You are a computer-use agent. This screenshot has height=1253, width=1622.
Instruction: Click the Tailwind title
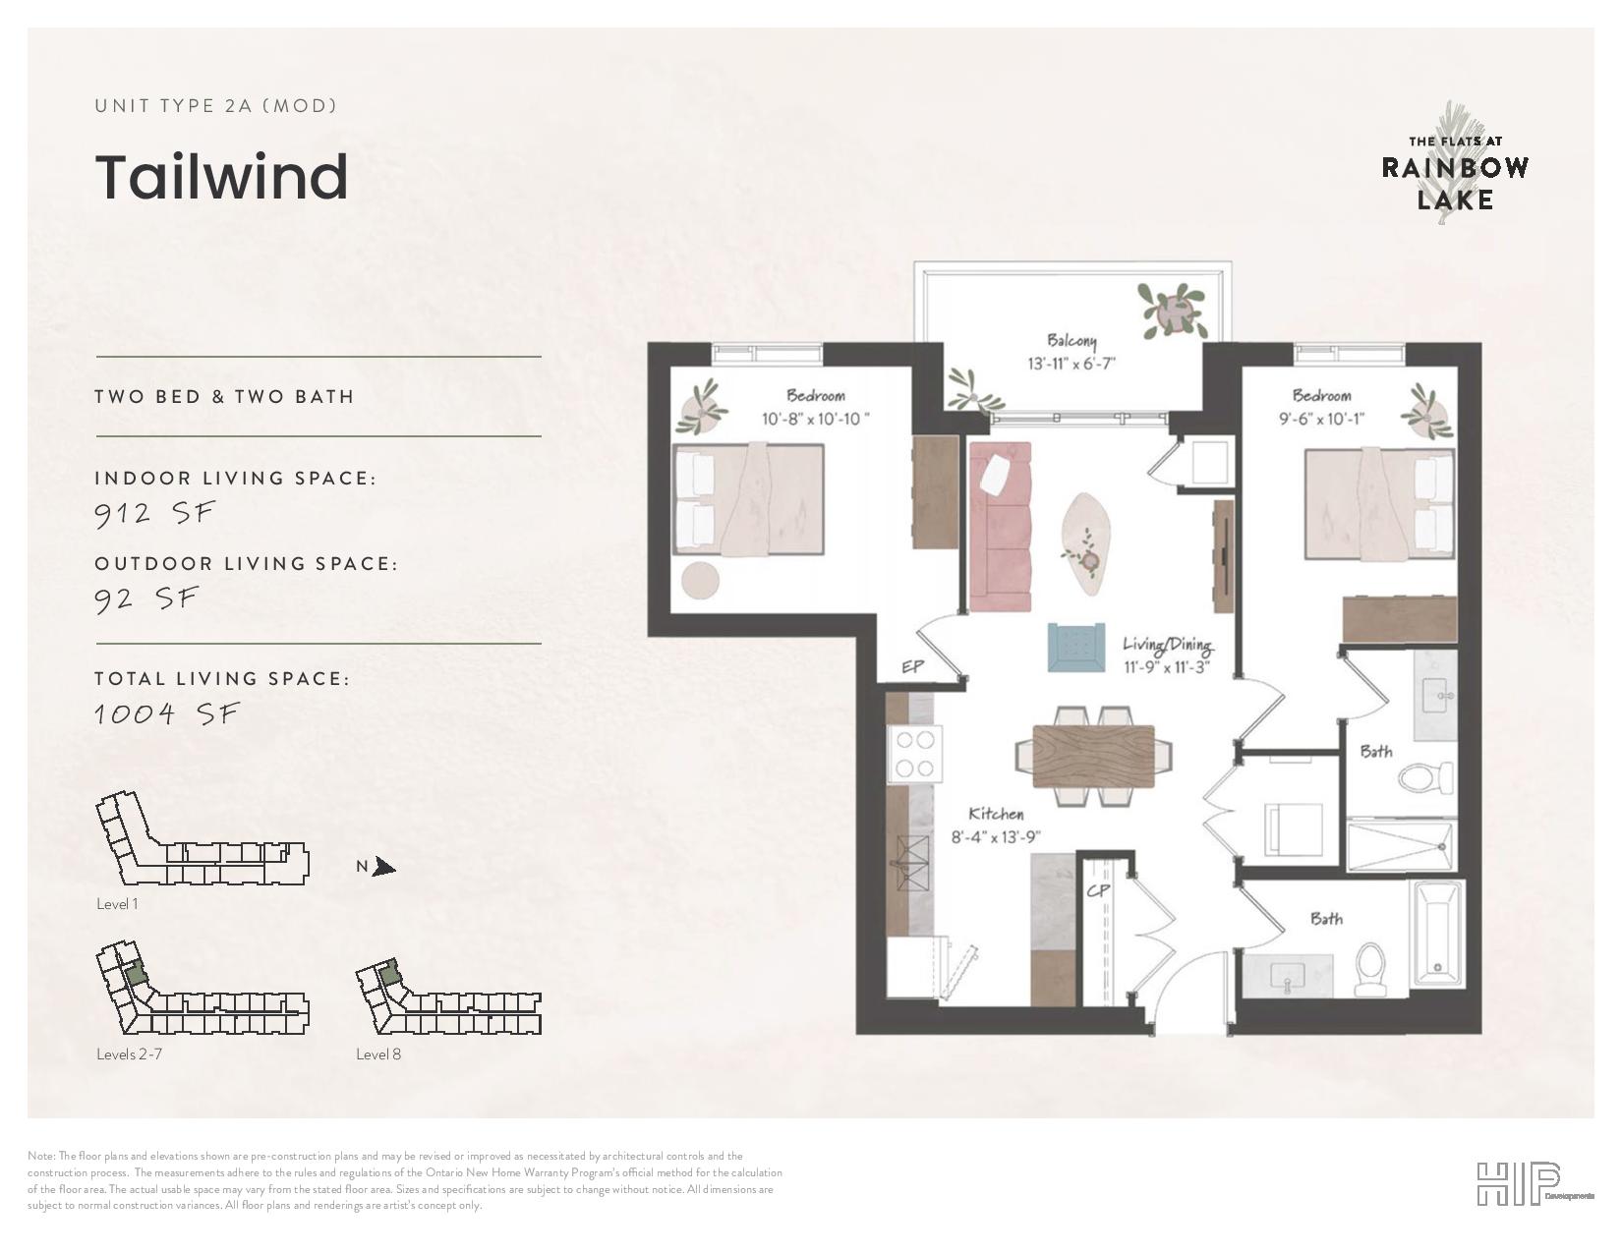(222, 177)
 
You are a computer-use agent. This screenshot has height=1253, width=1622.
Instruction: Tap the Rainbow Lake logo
(1455, 164)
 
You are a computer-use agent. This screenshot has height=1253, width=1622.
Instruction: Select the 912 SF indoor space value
(154, 513)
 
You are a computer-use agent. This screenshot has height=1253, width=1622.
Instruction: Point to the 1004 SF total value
(166, 713)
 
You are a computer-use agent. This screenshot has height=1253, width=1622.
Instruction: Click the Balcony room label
(1072, 341)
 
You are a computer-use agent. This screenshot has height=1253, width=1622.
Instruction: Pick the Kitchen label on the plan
(996, 814)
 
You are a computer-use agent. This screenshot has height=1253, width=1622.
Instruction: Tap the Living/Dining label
(1168, 644)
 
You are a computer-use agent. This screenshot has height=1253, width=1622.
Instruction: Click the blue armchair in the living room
(1075, 647)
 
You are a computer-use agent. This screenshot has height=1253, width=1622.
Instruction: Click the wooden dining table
(1093, 755)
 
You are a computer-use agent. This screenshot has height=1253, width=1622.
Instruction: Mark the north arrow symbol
(384, 867)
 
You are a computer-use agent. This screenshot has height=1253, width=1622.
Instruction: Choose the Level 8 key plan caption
(378, 1054)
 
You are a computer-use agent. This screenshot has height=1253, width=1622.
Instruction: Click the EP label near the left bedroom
(912, 666)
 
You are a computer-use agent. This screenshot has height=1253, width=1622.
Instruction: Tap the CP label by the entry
(1098, 890)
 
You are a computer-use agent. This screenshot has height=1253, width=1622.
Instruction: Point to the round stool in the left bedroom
(700, 581)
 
